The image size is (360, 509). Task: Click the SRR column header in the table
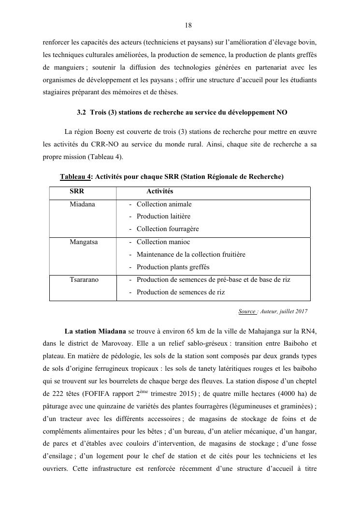77,192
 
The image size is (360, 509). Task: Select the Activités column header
159,192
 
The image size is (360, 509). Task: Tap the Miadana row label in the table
82,204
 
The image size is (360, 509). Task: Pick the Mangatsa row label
84,242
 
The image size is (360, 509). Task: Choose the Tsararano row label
84,280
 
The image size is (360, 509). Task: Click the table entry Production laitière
163,217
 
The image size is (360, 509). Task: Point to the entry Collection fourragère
167,229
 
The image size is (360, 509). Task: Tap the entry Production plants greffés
173,267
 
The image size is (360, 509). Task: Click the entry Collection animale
164,204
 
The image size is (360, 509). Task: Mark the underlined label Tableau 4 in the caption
76,177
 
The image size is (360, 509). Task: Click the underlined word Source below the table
246,312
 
